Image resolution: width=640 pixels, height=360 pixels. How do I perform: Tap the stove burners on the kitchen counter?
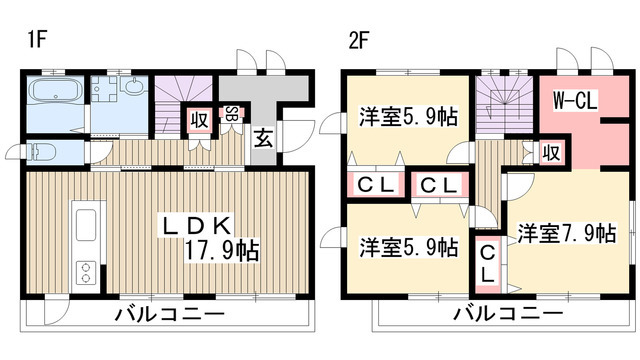pyautogui.click(x=85, y=271)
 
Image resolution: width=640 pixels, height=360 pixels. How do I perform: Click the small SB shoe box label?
pyautogui.click(x=231, y=114)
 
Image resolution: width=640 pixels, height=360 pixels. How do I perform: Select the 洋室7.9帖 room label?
pyautogui.click(x=566, y=233)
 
